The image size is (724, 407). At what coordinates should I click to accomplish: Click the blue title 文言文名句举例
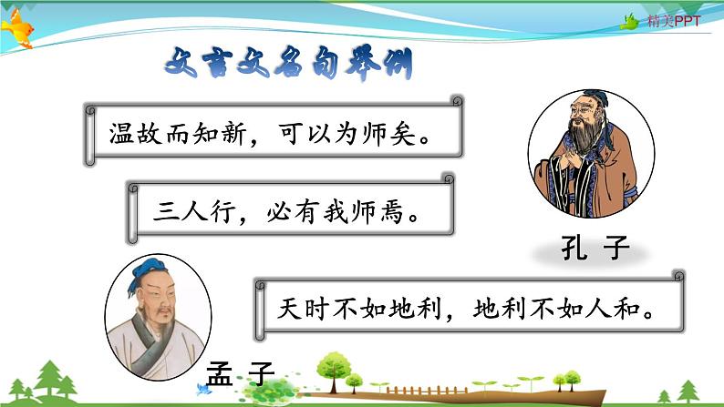pos(285,65)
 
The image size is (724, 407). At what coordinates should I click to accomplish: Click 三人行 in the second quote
pos(187,216)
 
